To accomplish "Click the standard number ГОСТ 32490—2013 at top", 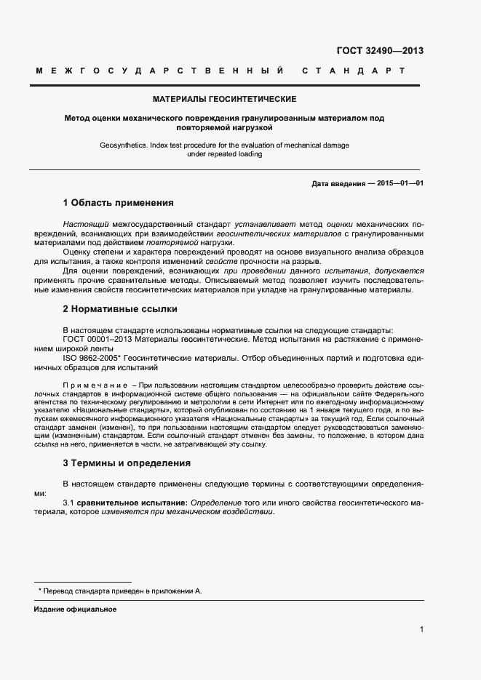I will pyautogui.click(x=380, y=51).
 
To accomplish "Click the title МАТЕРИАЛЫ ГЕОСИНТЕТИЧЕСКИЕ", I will pyautogui.click(x=224, y=98).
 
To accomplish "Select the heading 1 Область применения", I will pyautogui.click(x=118, y=202).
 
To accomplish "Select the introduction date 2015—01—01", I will pyautogui.click(x=400, y=183).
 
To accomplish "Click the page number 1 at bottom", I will pyautogui.click(x=421, y=630).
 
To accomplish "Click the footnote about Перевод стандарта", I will pyautogui.click(x=119, y=591).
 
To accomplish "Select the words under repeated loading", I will pyautogui.click(x=224, y=154).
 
